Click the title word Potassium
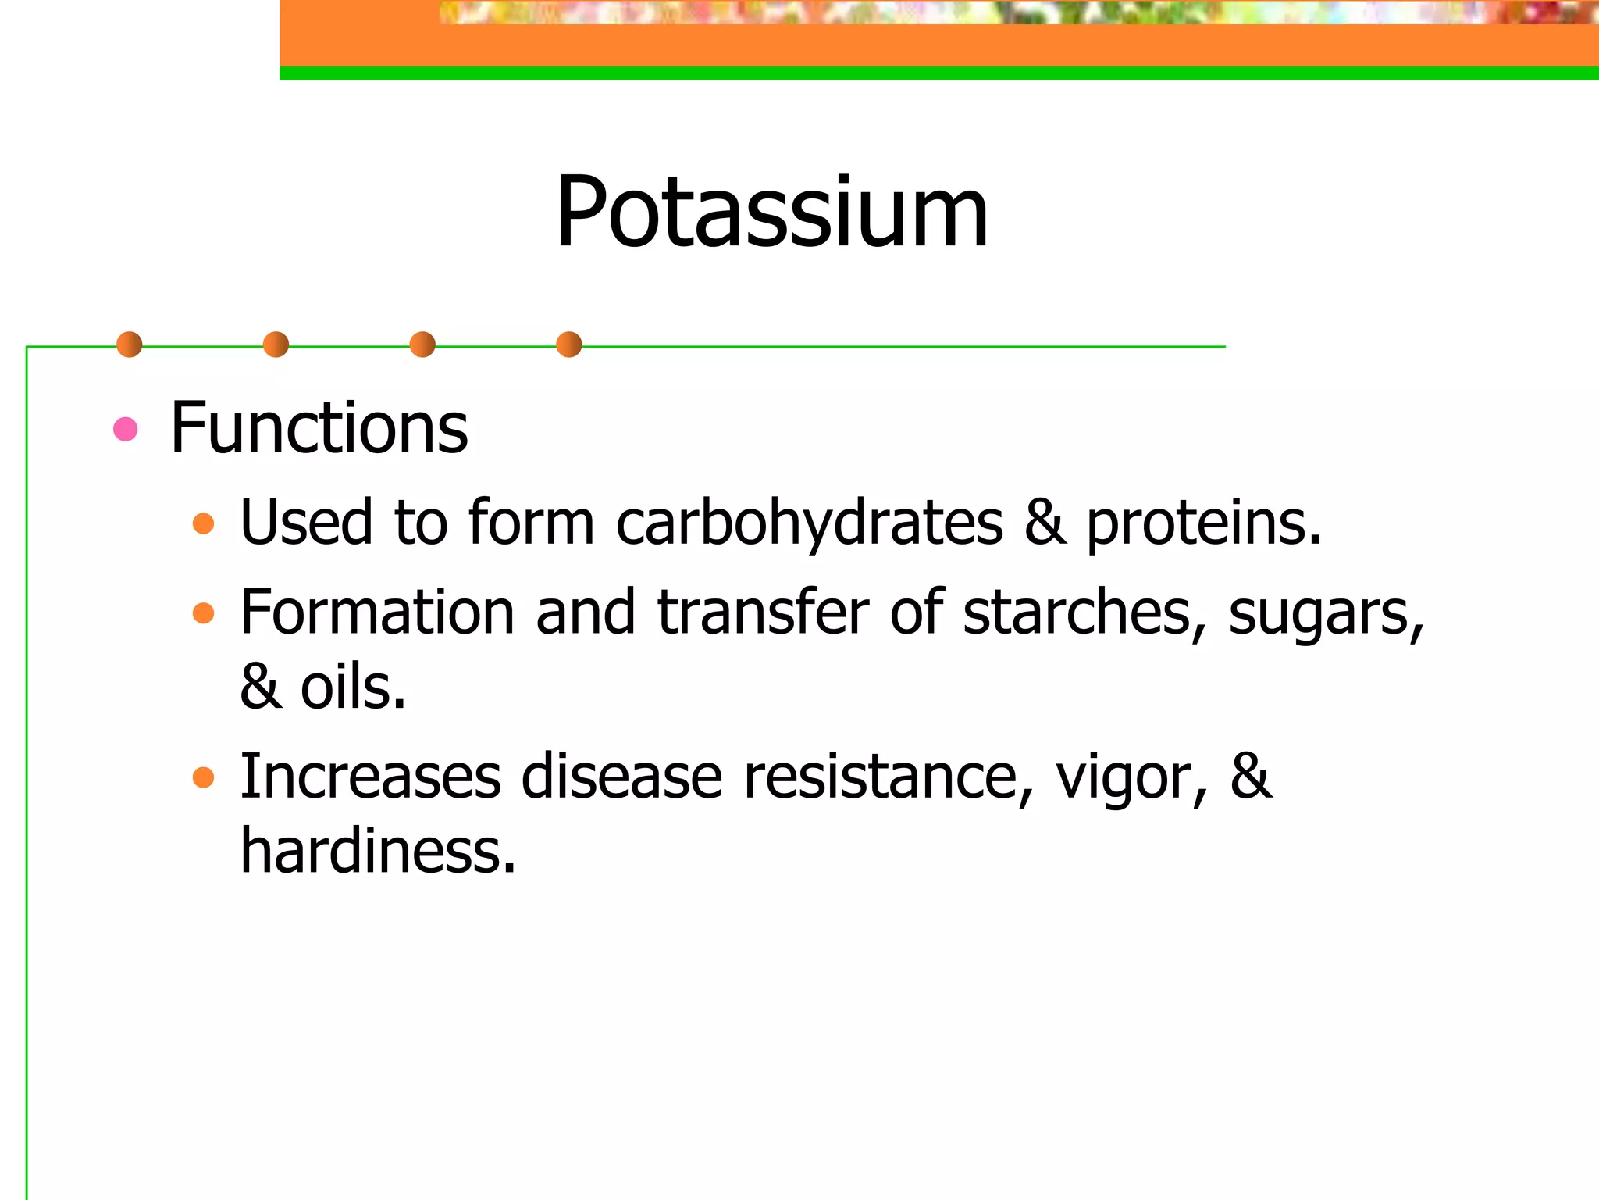771,212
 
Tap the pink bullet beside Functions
126,429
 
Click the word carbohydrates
810,523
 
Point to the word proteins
1203,523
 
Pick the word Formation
377,612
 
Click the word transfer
763,612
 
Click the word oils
353,687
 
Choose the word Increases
370,777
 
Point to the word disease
621,777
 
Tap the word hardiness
378,851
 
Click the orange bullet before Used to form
203,523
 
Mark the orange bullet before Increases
203,777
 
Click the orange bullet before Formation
203,612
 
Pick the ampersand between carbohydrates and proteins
1045,523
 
